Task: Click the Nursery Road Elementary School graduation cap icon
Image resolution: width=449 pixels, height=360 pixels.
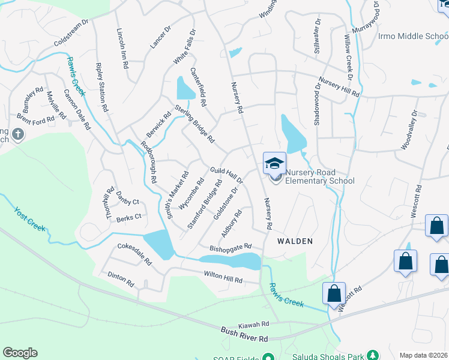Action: (275, 163)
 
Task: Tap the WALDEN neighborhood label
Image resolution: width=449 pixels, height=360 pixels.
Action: (295, 241)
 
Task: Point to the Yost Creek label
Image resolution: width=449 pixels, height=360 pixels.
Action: (29, 218)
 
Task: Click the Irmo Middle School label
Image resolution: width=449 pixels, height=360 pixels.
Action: (414, 36)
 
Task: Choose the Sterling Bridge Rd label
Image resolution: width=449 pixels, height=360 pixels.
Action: (194, 124)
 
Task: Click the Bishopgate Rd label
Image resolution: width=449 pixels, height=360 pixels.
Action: (230, 247)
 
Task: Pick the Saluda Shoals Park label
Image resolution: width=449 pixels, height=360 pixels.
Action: (329, 356)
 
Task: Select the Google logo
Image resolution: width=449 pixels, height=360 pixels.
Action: (20, 353)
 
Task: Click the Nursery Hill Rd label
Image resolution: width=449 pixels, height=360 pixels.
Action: (339, 87)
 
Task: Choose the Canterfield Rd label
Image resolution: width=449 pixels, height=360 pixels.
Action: (198, 87)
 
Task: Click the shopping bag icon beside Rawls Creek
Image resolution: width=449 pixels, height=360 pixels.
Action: (334, 294)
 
